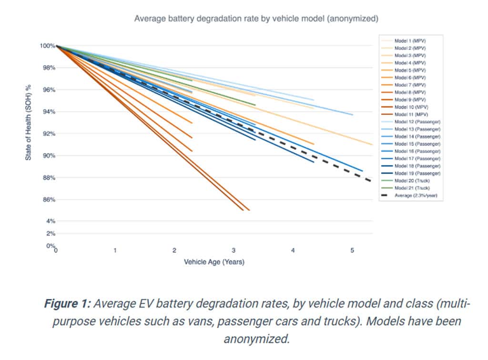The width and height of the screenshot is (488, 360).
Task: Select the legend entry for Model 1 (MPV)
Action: [x=410, y=41]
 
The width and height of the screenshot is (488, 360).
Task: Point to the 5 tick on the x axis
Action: [x=352, y=250]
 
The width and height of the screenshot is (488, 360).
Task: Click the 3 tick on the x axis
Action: [x=234, y=250]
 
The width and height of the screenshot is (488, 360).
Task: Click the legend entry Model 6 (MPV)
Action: [x=410, y=78]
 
